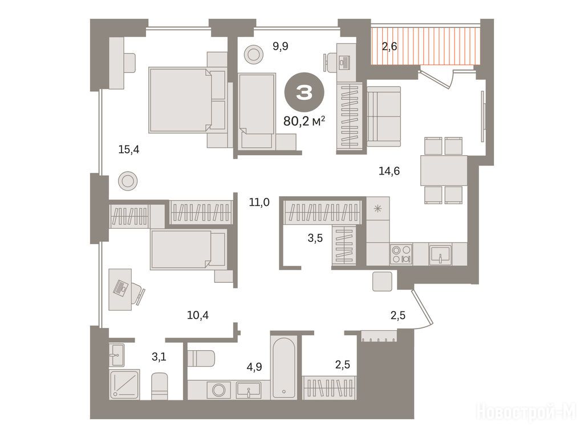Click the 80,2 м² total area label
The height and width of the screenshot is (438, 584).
(305, 121)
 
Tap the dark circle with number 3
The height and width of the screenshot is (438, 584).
(305, 92)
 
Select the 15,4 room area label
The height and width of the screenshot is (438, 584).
(128, 150)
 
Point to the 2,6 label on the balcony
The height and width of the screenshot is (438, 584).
(389, 47)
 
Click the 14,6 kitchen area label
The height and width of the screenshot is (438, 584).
(389, 171)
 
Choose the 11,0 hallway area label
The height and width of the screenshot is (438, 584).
(259, 202)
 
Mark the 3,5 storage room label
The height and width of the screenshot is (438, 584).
(315, 238)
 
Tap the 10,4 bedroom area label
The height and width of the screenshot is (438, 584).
(198, 315)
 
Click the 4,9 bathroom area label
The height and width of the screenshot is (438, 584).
(254, 367)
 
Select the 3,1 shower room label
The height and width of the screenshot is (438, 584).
(159, 357)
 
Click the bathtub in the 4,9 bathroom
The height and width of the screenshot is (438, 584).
(284, 367)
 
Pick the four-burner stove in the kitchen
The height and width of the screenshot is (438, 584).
(401, 254)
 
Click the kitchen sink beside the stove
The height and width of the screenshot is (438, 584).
(440, 254)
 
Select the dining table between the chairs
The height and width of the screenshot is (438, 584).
(444, 170)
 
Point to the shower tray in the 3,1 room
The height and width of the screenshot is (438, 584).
(124, 384)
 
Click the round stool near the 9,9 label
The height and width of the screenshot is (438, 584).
(254, 54)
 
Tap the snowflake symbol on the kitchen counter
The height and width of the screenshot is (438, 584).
(378, 209)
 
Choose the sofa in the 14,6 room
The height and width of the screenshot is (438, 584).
(384, 116)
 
